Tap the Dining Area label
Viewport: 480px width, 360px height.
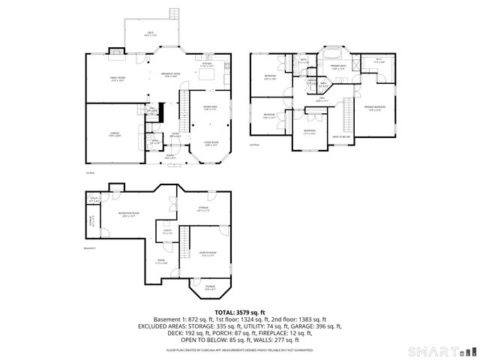tap(210, 108)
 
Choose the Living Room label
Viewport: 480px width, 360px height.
tap(210, 143)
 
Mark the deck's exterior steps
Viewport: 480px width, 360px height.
tap(173, 14)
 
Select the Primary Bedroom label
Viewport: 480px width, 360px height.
tap(375, 108)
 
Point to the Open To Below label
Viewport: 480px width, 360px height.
tap(343, 136)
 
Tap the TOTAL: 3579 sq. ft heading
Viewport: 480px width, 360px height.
tap(239, 311)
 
